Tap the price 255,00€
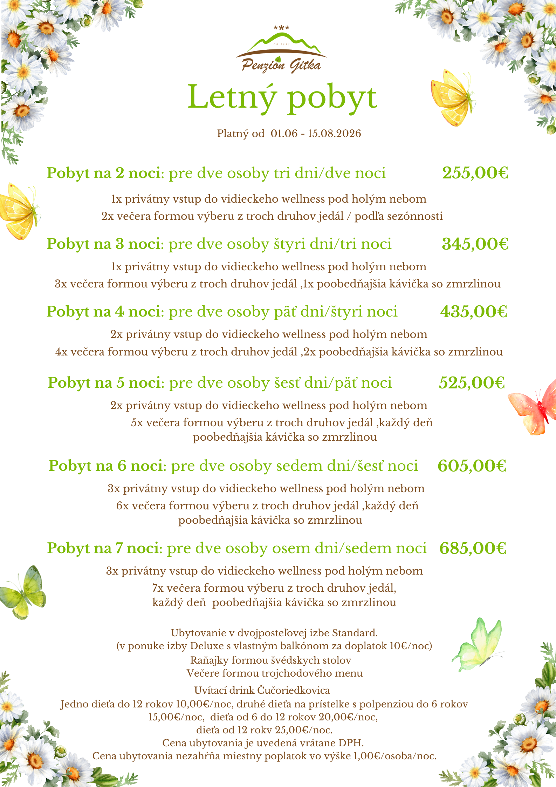tap(475, 173)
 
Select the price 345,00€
tap(475, 244)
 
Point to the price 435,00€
tap(474, 312)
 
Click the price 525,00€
tap(472, 383)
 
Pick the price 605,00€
tap(472, 466)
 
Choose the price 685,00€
tap(473, 548)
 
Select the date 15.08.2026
tap(334, 134)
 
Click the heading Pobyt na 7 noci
tap(104, 548)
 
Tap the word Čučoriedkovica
tap(294, 690)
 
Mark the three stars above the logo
tap(281, 28)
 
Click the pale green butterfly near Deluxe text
tap(478, 645)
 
